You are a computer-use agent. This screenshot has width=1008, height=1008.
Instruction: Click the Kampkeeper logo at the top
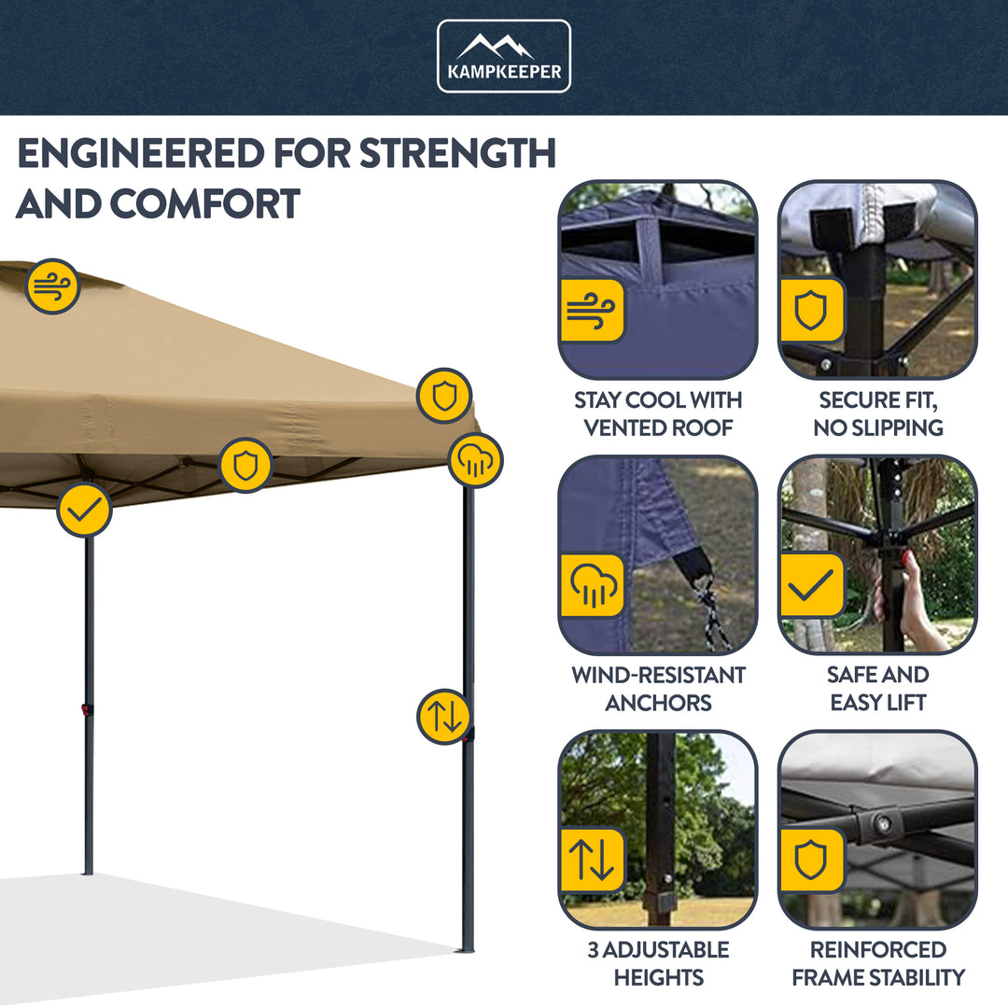click(x=504, y=56)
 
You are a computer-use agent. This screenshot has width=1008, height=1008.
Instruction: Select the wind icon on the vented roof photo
click(x=592, y=309)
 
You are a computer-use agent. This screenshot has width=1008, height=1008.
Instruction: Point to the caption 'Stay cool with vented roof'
click(x=658, y=413)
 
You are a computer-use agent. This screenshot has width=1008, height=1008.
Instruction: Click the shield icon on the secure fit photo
click(x=811, y=309)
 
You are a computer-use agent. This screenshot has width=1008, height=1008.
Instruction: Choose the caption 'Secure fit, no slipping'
click(x=878, y=413)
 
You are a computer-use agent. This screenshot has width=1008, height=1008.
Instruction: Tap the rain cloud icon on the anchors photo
click(x=592, y=585)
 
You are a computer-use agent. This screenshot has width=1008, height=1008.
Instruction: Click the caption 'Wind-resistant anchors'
click(x=658, y=688)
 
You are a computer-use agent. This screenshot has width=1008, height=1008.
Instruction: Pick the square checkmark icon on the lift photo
click(x=811, y=585)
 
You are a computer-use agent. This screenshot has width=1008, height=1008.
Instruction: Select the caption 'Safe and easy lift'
click(x=878, y=688)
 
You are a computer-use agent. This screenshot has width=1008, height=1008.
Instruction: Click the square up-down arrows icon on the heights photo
click(x=592, y=860)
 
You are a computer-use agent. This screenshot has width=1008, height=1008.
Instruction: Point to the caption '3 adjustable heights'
click(x=658, y=963)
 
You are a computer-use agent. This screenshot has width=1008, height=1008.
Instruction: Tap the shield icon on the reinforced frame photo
click(x=811, y=860)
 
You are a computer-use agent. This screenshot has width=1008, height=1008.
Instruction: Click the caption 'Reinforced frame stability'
click(x=878, y=963)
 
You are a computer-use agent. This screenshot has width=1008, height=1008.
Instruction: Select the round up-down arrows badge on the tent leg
click(x=443, y=717)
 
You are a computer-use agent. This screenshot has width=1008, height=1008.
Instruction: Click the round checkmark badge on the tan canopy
click(x=84, y=510)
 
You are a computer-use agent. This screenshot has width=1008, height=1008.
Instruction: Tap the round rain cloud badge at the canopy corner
click(x=475, y=460)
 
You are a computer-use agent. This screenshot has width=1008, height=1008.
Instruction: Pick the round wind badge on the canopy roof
click(x=52, y=287)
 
